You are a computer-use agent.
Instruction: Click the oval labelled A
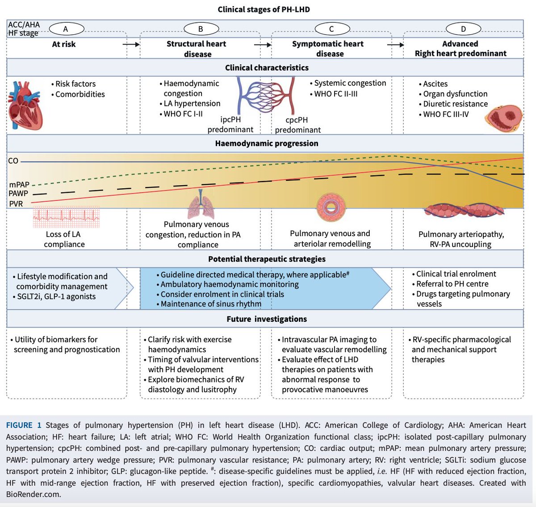tap(66, 29)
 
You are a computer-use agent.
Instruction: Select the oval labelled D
tap(463, 29)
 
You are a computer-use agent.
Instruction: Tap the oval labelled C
tap(331, 29)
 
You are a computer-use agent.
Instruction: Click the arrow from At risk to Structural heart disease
tap(131, 44)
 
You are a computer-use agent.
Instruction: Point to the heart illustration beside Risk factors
tap(25, 105)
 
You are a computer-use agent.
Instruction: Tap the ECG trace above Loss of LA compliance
tap(66, 217)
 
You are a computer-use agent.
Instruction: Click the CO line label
tap(13, 161)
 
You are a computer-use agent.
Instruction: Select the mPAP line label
tap(19, 184)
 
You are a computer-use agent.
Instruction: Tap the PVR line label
tap(16, 204)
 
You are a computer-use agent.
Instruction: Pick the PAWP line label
tap(18, 194)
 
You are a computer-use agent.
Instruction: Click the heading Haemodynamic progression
tap(267, 143)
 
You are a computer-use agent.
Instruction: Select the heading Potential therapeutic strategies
tap(267, 259)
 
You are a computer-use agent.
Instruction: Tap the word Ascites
tap(435, 83)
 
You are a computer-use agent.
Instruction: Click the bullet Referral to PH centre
tap(452, 284)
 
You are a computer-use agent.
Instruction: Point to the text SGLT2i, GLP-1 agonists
tap(56, 296)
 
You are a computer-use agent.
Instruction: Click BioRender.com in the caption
tap(33, 494)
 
